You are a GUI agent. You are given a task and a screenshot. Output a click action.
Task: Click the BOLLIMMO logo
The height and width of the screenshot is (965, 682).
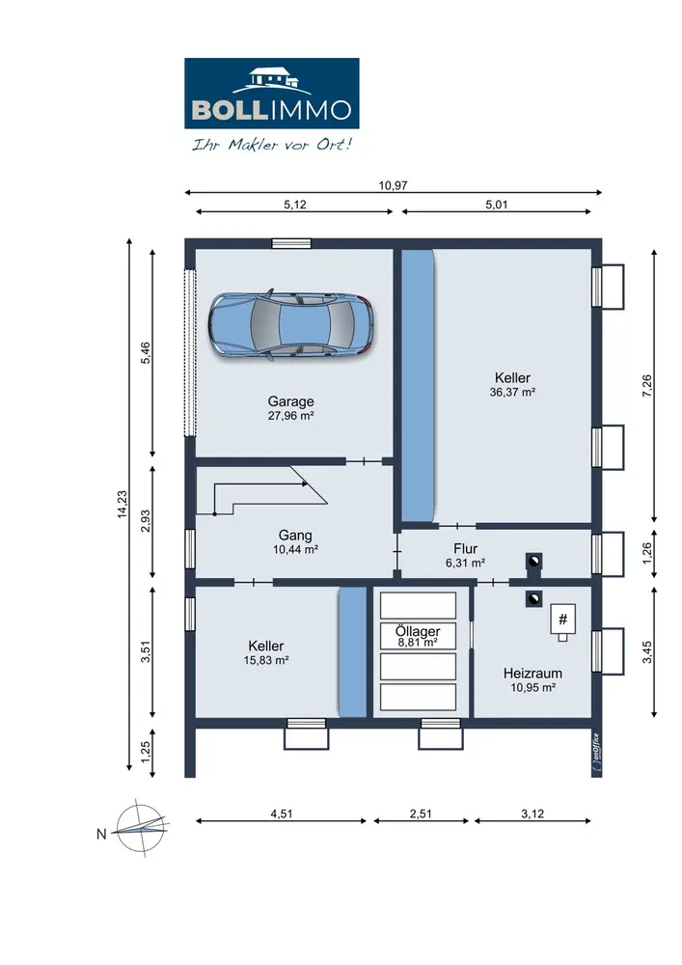(x=272, y=94)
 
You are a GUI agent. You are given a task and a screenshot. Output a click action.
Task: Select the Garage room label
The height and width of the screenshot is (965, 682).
(x=291, y=401)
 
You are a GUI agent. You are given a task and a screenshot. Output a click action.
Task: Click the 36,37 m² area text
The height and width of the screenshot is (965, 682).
(x=512, y=392)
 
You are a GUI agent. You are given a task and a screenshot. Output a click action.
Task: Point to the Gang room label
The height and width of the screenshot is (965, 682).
(x=295, y=536)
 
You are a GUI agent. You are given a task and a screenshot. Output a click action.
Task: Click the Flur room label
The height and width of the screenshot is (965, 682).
(x=466, y=548)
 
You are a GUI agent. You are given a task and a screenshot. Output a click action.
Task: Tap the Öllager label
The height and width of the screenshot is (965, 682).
(x=418, y=631)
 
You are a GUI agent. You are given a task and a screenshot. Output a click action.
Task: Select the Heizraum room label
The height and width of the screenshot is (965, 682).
(x=532, y=674)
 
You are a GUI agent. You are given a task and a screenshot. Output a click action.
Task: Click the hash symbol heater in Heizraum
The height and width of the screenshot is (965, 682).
(x=562, y=620)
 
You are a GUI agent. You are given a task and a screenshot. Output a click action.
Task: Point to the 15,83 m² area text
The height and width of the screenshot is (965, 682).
(x=266, y=660)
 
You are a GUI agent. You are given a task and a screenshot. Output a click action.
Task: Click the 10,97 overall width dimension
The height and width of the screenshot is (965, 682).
(x=393, y=185)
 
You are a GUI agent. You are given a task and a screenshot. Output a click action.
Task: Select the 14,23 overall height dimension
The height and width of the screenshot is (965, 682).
(x=123, y=505)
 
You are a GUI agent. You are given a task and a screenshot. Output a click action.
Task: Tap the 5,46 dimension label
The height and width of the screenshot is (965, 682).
(x=146, y=353)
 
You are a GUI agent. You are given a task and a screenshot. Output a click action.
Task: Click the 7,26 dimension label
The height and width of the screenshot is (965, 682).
(x=647, y=385)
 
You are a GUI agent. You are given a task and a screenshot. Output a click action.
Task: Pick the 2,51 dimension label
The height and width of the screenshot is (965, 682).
(x=421, y=813)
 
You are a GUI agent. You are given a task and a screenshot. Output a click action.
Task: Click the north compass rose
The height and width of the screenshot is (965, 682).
(x=143, y=828)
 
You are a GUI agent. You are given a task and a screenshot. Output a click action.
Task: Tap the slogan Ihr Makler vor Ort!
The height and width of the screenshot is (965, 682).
(x=272, y=145)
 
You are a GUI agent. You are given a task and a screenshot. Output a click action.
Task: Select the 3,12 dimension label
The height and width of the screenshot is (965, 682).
(x=532, y=813)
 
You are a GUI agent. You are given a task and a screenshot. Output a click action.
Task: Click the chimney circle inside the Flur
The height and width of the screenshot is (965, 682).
(x=533, y=562)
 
